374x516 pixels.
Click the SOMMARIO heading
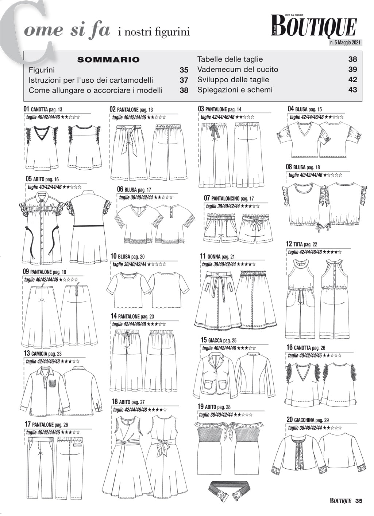tap(108, 60)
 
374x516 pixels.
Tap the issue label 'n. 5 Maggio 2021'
tap(345, 43)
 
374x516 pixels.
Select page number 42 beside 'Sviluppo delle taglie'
tap(352, 80)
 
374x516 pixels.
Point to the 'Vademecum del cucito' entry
tap(238, 70)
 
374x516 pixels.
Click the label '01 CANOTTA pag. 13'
tap(43, 109)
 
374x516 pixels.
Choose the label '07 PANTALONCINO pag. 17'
tap(229, 198)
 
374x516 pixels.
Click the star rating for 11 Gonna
tap(246, 264)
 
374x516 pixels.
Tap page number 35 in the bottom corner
tap(358, 501)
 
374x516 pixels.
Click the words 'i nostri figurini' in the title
tap(154, 32)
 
